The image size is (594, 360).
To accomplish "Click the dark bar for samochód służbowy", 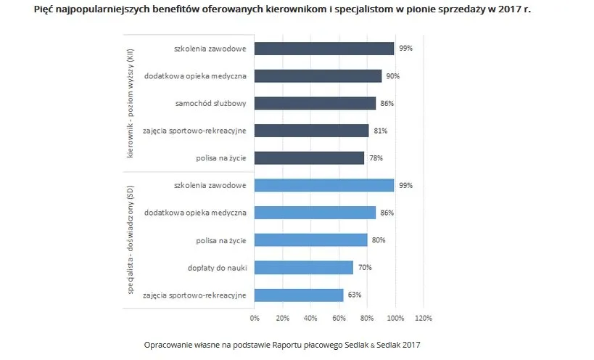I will point(315,103).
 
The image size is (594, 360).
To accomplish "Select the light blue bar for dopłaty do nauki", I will point(303,268).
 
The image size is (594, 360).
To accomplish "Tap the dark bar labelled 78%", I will point(309,158).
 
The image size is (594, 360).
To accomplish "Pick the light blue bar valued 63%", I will point(298,295).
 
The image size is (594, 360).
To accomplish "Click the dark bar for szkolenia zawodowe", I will point(323,49).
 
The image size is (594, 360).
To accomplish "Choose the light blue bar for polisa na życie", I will point(310,240).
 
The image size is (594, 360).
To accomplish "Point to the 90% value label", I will point(393,76).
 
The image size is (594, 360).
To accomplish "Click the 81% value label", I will point(380,131).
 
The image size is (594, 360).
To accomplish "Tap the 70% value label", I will point(365,268).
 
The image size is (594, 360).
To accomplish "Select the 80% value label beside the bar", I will point(379,240).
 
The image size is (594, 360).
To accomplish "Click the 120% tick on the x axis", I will point(423,318).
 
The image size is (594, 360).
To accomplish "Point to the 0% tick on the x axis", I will point(254,318).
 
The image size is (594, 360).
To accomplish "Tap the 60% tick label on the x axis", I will point(339,318).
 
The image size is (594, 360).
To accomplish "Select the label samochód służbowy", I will point(210,103).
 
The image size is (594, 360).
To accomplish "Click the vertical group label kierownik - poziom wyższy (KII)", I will point(131,104).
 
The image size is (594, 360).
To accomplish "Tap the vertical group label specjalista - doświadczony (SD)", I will point(131,240).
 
